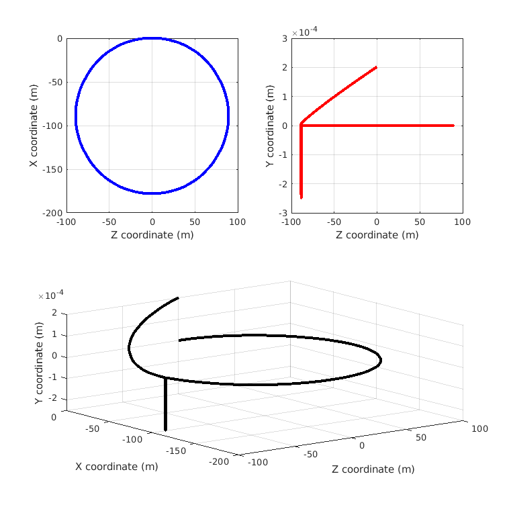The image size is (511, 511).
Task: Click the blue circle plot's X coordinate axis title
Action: pyautogui.click(x=33, y=126)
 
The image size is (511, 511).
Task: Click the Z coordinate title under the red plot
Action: pyautogui.click(x=377, y=234)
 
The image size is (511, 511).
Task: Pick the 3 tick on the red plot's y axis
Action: pyautogui.click(x=285, y=39)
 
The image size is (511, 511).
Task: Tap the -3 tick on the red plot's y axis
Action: pyautogui.click(x=283, y=213)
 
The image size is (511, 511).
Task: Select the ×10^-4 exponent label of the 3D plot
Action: pyautogui.click(x=51, y=294)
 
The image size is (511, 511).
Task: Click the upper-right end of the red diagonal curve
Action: pyautogui.click(x=376, y=67)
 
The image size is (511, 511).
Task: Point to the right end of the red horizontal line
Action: pyautogui.click(x=453, y=126)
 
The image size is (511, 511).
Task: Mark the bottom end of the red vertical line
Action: pyautogui.click(x=301, y=197)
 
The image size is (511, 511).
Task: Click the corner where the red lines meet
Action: pyautogui.click(x=301, y=125)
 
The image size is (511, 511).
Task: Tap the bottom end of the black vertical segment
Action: pyautogui.click(x=165, y=428)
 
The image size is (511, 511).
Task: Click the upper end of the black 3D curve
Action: pyautogui.click(x=178, y=297)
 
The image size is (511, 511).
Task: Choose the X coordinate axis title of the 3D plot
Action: pyautogui.click(x=116, y=467)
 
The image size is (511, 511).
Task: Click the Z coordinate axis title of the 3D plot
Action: pyautogui.click(x=373, y=469)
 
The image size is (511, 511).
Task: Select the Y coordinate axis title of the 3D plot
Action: pyautogui.click(x=39, y=363)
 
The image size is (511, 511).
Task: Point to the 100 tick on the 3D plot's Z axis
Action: pyautogui.click(x=479, y=429)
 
